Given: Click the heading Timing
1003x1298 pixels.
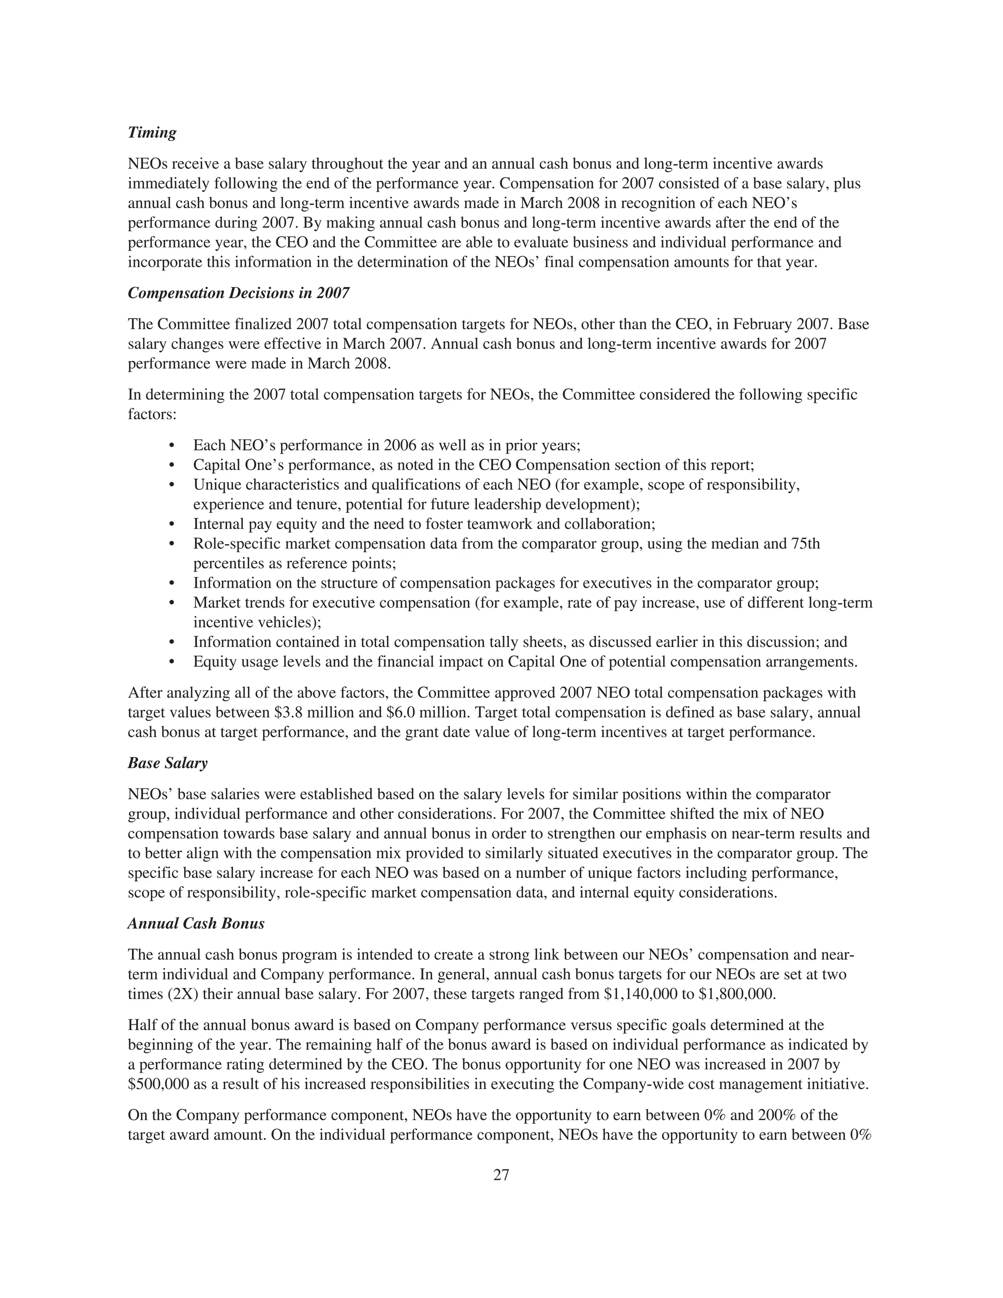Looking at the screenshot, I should pyautogui.click(x=152, y=133).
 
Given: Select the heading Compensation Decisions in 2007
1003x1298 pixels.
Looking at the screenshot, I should pyautogui.click(x=239, y=293).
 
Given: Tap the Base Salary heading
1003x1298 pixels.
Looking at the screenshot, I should pyautogui.click(x=167, y=763).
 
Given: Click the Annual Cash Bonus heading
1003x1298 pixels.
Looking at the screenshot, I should pyautogui.click(x=196, y=924).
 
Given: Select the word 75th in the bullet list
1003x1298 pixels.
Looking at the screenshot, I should pyautogui.click(x=806, y=544).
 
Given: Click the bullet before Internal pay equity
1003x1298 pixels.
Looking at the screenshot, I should pyautogui.click(x=172, y=525).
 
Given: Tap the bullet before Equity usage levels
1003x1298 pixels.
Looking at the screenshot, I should pyautogui.click(x=172, y=662).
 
